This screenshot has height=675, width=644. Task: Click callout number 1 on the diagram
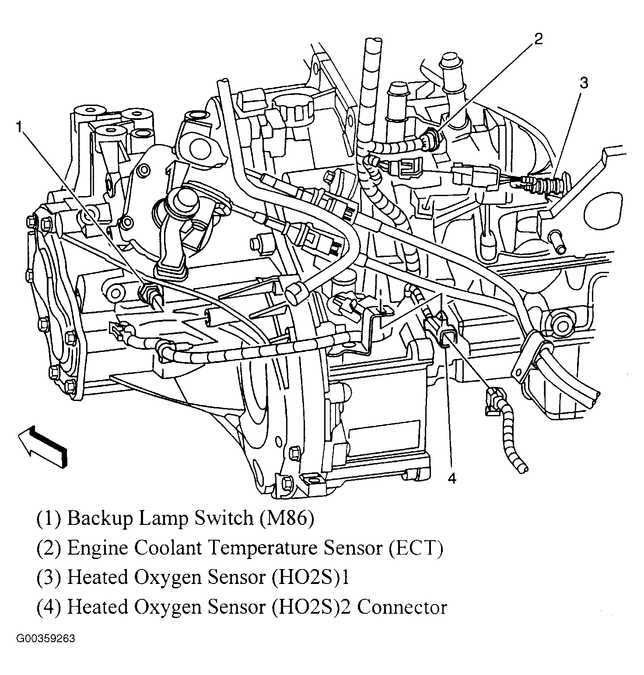[x=19, y=127]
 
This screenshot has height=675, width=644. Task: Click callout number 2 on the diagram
[x=538, y=39]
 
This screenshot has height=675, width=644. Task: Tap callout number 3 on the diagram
[x=584, y=83]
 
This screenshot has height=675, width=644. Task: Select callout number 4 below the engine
[x=452, y=478]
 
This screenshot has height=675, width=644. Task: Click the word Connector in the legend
[x=405, y=607]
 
